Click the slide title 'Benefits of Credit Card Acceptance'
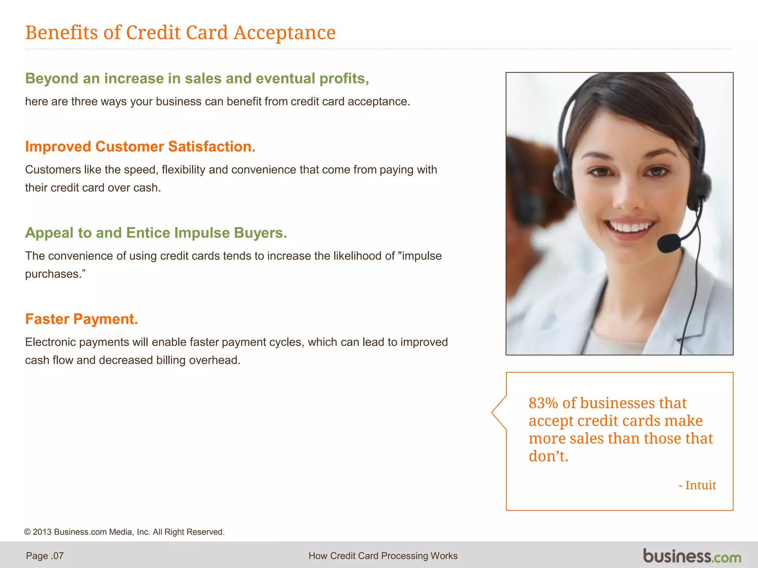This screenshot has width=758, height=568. pos(180,33)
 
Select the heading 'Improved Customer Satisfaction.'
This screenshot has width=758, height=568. pos(140,146)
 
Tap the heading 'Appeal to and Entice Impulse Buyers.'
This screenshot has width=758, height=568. pos(156,233)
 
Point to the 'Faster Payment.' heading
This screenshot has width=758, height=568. pos(81,319)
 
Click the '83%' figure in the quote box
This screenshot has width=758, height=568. pos(543,403)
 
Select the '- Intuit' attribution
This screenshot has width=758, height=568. pos(697,485)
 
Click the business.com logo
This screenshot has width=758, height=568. pos(692,556)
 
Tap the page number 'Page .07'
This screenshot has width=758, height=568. pos(45,556)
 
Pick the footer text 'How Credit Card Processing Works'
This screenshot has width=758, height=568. pos(383,556)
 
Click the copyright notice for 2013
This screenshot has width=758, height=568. pos(124,532)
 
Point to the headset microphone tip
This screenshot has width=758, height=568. pos(668,243)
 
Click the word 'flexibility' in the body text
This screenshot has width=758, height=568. pos(183,169)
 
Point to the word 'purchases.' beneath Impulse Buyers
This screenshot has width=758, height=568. pos(55,274)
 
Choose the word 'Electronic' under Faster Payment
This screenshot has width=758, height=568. pos(50,342)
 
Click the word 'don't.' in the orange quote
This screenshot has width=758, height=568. pos(548,456)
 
